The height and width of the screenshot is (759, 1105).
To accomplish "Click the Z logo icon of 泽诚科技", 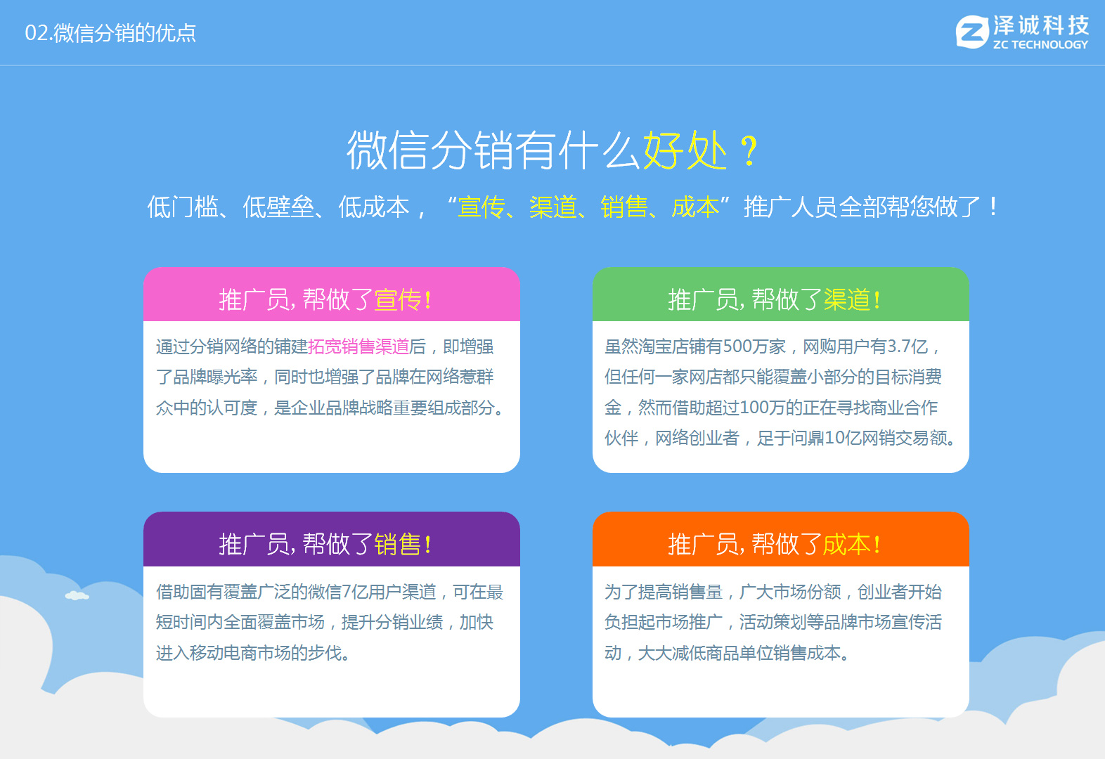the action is coord(972,32).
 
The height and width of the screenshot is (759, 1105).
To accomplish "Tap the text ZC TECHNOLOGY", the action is coord(1040,44).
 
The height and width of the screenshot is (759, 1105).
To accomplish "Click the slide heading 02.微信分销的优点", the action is coord(110,33).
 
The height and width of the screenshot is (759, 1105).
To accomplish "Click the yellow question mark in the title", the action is coord(749,151).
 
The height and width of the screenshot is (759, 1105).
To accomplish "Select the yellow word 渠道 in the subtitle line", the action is coord(553,207).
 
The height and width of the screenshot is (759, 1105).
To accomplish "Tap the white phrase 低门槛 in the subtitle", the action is coord(183,207).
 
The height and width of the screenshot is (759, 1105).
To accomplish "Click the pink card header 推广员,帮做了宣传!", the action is coord(325,299).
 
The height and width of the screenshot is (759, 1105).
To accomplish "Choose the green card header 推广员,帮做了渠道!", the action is coord(775,299).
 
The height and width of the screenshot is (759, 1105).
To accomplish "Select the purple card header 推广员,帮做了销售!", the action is coord(325,544).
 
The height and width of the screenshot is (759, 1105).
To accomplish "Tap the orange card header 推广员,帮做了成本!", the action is coord(775,544).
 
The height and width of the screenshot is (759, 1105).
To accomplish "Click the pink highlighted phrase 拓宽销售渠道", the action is coord(358,346).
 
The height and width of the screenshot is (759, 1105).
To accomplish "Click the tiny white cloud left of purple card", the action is coord(77,596).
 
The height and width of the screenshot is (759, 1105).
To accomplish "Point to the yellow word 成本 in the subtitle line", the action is coord(695,207).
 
